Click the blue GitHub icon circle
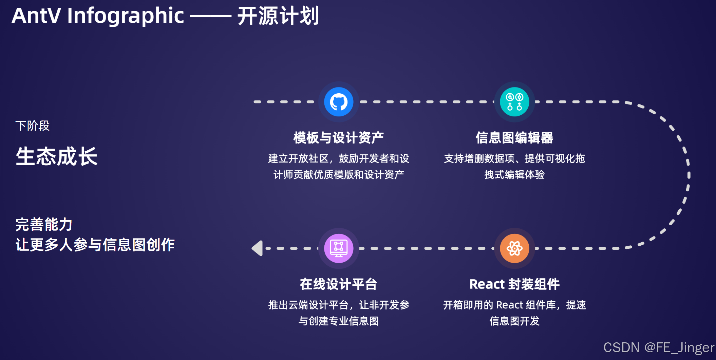pyautogui.click(x=339, y=102)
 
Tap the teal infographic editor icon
pyautogui.click(x=514, y=102)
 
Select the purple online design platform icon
pyautogui.click(x=339, y=248)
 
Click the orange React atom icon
pyautogui.click(x=514, y=248)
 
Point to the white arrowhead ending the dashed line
pyautogui.click(x=258, y=248)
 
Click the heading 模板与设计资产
pyautogui.click(x=338, y=138)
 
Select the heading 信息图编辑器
pyautogui.click(x=514, y=138)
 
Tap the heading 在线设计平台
pyautogui.click(x=338, y=284)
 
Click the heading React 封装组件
pyautogui.click(x=514, y=284)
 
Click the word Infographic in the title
pyautogui.click(x=126, y=16)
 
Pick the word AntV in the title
pyautogui.click(x=36, y=16)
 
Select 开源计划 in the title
pyautogui.click(x=278, y=16)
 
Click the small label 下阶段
pyautogui.click(x=33, y=126)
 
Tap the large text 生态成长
pyautogui.click(x=57, y=156)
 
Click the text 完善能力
pyautogui.click(x=44, y=224)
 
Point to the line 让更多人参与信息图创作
pyautogui.click(x=95, y=245)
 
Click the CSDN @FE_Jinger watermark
pyautogui.click(x=658, y=347)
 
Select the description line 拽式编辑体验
pyautogui.click(x=514, y=174)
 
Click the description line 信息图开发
pyautogui.click(x=514, y=321)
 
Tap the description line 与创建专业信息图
pyautogui.click(x=338, y=321)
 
